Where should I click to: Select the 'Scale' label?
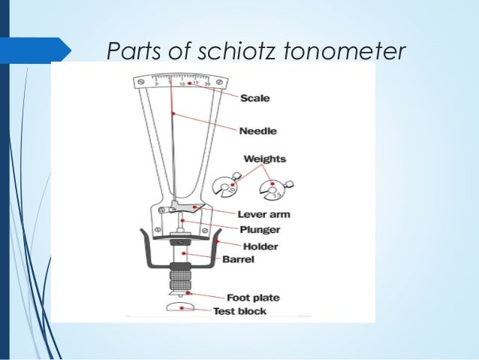255,97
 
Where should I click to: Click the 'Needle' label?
258,131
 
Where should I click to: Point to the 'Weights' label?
265,159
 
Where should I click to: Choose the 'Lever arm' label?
264,214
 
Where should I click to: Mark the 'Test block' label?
239,311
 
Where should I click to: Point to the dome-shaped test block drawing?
180,307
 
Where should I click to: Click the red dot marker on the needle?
174,113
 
